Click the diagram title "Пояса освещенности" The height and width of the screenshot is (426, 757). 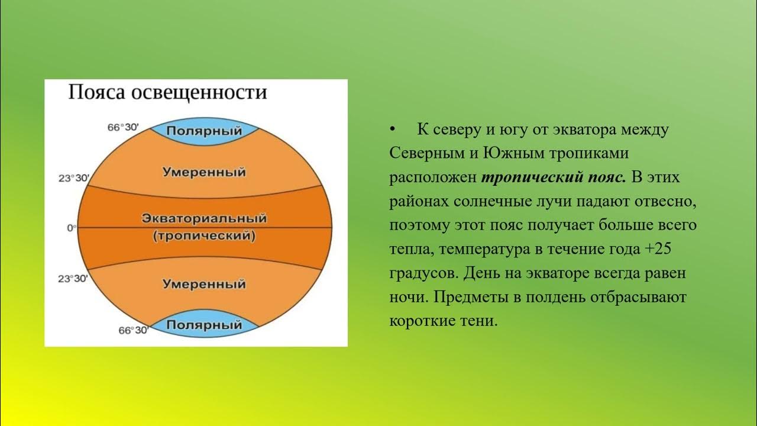point(167,93)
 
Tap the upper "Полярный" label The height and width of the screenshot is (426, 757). point(204,131)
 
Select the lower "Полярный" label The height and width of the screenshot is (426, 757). point(204,325)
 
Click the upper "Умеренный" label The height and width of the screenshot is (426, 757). point(204,173)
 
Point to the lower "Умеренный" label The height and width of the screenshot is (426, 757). point(204,283)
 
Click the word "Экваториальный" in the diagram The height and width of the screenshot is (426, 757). point(204,218)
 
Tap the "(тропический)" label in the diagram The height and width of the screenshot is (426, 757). point(204,236)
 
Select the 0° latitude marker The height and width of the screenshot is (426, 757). point(72,227)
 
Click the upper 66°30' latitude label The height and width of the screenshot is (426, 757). point(127,127)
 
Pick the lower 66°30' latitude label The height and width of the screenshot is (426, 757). point(132,330)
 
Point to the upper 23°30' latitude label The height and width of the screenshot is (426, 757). point(74,177)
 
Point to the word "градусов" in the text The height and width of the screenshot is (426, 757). point(424,273)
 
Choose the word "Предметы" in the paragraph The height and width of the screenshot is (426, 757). point(468,297)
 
